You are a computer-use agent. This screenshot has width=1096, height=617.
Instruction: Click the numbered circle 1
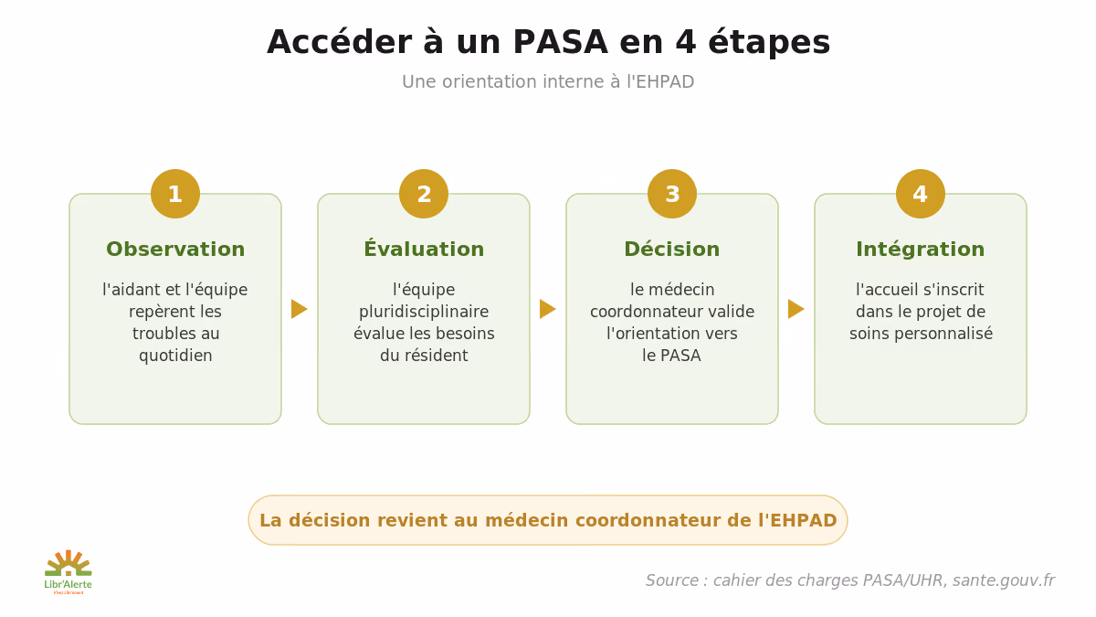[175, 194]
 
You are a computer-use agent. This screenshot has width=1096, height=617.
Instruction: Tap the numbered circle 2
[424, 194]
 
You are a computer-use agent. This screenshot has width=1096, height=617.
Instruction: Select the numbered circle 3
[672, 194]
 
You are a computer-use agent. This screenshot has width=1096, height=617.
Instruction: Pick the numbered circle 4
[921, 194]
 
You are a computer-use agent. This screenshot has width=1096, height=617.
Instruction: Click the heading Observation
[175, 250]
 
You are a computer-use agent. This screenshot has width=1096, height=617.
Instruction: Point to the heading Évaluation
[424, 249]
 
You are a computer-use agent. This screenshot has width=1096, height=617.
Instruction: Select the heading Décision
[672, 249]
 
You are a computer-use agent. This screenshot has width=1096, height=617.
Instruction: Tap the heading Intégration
[921, 250]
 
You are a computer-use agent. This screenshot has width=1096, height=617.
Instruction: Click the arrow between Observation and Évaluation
[299, 309]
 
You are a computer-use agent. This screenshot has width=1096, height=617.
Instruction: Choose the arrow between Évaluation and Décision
[547, 309]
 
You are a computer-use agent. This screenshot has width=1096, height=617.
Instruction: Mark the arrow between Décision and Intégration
[796, 309]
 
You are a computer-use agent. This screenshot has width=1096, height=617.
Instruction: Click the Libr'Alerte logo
[68, 572]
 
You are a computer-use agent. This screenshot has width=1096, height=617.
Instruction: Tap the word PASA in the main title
[560, 42]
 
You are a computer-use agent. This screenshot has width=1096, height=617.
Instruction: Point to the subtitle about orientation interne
[548, 81]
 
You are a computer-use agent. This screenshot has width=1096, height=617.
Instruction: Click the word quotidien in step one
[175, 356]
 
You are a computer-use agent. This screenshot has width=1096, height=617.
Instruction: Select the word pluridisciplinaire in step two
[424, 312]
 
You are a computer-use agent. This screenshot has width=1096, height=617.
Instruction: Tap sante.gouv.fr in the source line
[1004, 580]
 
